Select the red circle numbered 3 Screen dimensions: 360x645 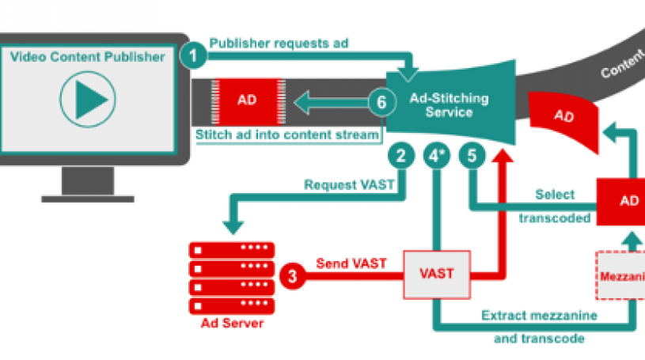(292, 275)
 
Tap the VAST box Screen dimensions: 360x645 (437, 274)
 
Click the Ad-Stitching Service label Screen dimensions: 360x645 (449, 105)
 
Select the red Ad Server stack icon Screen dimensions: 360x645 (231, 277)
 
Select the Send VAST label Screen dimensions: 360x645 (351, 263)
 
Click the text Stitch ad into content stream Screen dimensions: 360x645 (287, 135)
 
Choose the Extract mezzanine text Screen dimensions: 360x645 (540, 316)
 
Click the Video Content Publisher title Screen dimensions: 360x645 (87, 57)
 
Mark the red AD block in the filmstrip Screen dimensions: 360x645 (246, 100)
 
